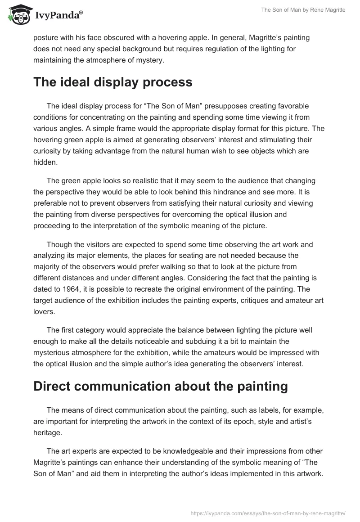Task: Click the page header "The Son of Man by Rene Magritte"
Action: tap(303, 10)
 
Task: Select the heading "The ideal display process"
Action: tap(113, 82)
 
